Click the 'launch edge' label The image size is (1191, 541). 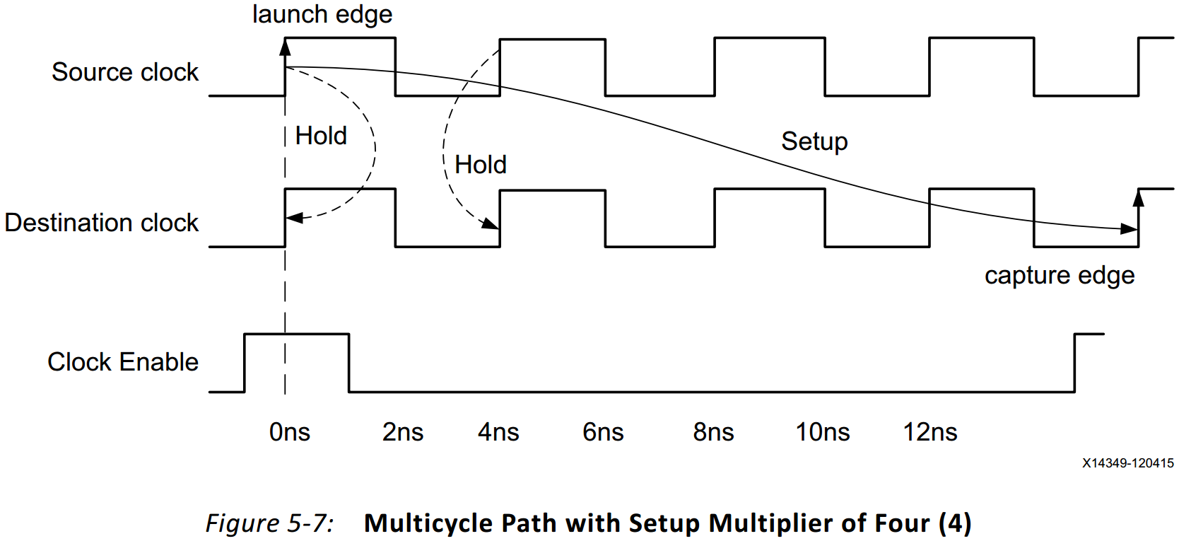(x=322, y=15)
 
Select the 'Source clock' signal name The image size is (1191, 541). (x=125, y=72)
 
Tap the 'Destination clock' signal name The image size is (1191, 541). (x=102, y=223)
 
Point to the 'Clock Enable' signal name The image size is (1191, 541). (x=123, y=362)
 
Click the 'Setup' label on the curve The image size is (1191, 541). (x=814, y=141)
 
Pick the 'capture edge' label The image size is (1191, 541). (x=1059, y=275)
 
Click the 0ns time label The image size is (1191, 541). (x=289, y=432)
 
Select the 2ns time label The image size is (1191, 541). (x=402, y=432)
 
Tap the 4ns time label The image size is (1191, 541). (x=498, y=432)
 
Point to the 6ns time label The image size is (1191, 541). (x=603, y=432)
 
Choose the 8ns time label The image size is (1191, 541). (x=713, y=432)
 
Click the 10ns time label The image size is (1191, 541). (x=822, y=432)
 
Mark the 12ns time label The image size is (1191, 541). (x=929, y=432)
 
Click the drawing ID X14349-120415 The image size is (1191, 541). (x=1127, y=463)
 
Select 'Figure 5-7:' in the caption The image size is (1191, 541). (x=269, y=523)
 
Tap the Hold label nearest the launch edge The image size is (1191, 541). (x=321, y=136)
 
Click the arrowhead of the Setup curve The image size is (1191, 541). (x=1130, y=228)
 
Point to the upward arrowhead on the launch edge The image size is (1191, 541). (x=285, y=47)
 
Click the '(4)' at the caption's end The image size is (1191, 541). (x=955, y=523)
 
